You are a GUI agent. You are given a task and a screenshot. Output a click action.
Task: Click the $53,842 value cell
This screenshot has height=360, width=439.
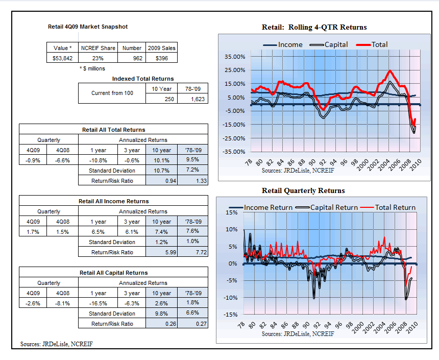(62, 58)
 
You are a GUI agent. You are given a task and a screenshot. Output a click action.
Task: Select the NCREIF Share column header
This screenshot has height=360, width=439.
(98, 48)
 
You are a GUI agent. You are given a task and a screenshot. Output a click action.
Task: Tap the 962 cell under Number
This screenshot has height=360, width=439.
(132, 58)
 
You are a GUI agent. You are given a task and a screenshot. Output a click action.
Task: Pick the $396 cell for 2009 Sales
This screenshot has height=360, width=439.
(161, 58)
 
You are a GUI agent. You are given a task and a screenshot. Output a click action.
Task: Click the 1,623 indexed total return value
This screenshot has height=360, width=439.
(192, 99)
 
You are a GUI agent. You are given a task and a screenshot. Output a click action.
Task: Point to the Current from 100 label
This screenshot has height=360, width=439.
(112, 93)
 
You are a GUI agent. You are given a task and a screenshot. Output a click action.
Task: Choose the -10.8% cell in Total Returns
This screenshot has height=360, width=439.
(98, 160)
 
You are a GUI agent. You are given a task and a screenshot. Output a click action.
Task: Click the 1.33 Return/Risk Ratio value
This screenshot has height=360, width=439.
(192, 181)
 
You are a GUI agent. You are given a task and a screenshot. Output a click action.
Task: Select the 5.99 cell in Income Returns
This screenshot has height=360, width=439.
(161, 252)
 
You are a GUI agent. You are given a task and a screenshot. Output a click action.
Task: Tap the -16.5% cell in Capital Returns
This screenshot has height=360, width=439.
(98, 303)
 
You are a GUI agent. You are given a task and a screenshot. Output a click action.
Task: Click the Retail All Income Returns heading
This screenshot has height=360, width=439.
(114, 201)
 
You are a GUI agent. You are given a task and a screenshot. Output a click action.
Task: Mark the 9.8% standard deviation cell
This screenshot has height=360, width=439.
(161, 314)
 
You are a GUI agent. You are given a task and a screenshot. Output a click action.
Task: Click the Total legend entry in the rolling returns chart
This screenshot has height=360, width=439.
(372, 44)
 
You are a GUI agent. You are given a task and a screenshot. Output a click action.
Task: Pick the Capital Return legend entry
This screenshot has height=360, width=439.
(327, 207)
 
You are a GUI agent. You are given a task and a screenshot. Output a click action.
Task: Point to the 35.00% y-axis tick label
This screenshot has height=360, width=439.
(235, 57)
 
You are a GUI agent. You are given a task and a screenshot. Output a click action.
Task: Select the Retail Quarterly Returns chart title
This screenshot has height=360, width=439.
(303, 190)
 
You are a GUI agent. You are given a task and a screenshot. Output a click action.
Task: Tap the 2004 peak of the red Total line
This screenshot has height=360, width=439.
(389, 70)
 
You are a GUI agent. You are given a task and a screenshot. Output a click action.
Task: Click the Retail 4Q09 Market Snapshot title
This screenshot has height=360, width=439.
(88, 27)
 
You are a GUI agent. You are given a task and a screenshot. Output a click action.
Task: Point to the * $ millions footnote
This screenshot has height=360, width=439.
(92, 68)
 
